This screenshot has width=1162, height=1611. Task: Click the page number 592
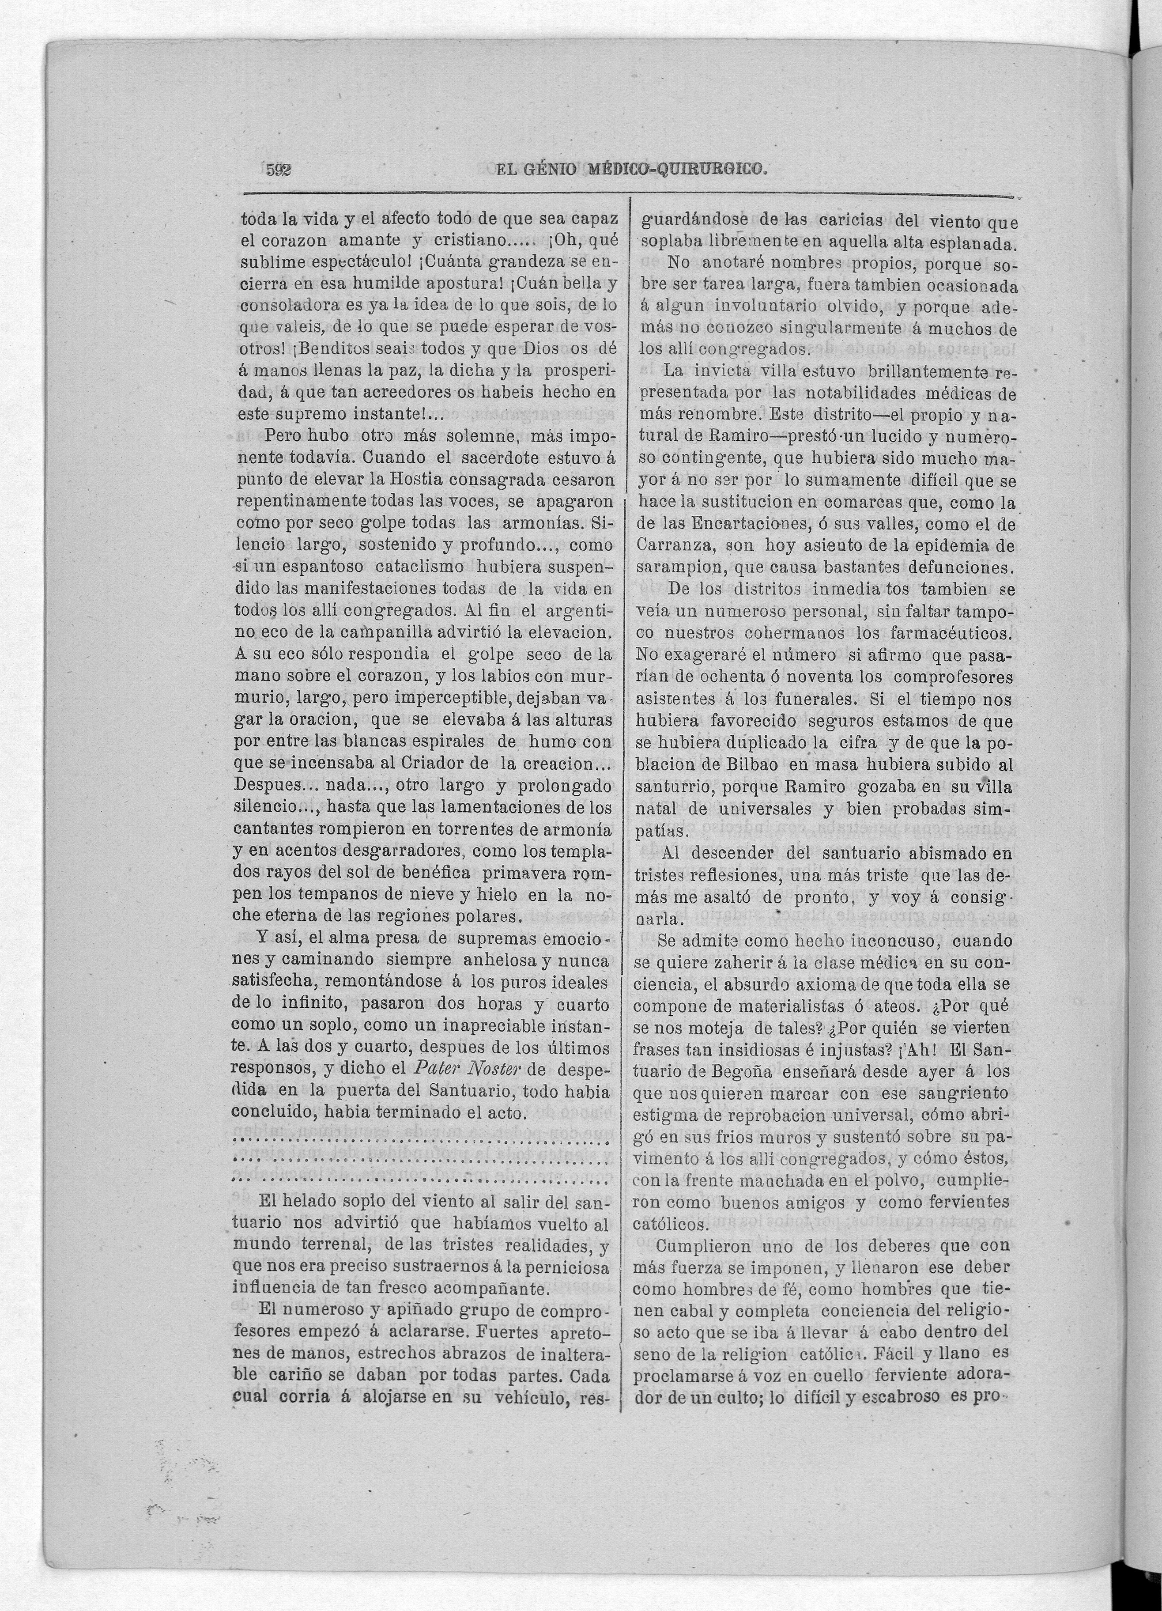click(x=279, y=170)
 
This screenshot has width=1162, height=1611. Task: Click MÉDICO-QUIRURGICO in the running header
click(x=678, y=169)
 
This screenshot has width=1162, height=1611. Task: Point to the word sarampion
click(x=678, y=568)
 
